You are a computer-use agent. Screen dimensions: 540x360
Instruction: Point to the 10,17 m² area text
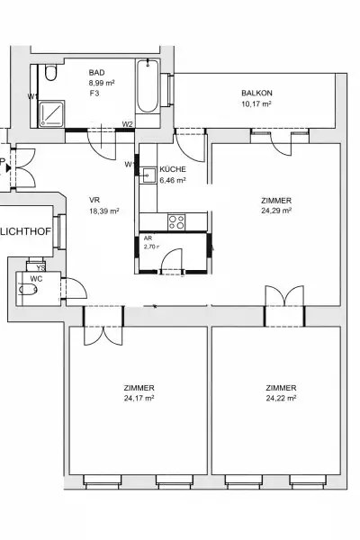tap(256, 103)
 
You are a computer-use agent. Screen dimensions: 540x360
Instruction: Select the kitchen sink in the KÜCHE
tap(148, 176)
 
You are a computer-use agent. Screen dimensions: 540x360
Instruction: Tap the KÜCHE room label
tap(172, 169)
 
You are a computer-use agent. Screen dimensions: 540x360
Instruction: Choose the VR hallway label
tap(94, 200)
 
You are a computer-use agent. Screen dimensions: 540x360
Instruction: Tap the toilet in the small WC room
tap(25, 290)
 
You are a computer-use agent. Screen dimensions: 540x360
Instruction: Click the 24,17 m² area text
tap(139, 398)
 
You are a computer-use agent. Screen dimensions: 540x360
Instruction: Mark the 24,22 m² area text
tap(281, 398)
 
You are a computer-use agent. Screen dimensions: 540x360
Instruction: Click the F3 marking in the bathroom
tap(93, 93)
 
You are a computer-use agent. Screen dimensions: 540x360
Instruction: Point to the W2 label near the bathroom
tap(128, 124)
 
